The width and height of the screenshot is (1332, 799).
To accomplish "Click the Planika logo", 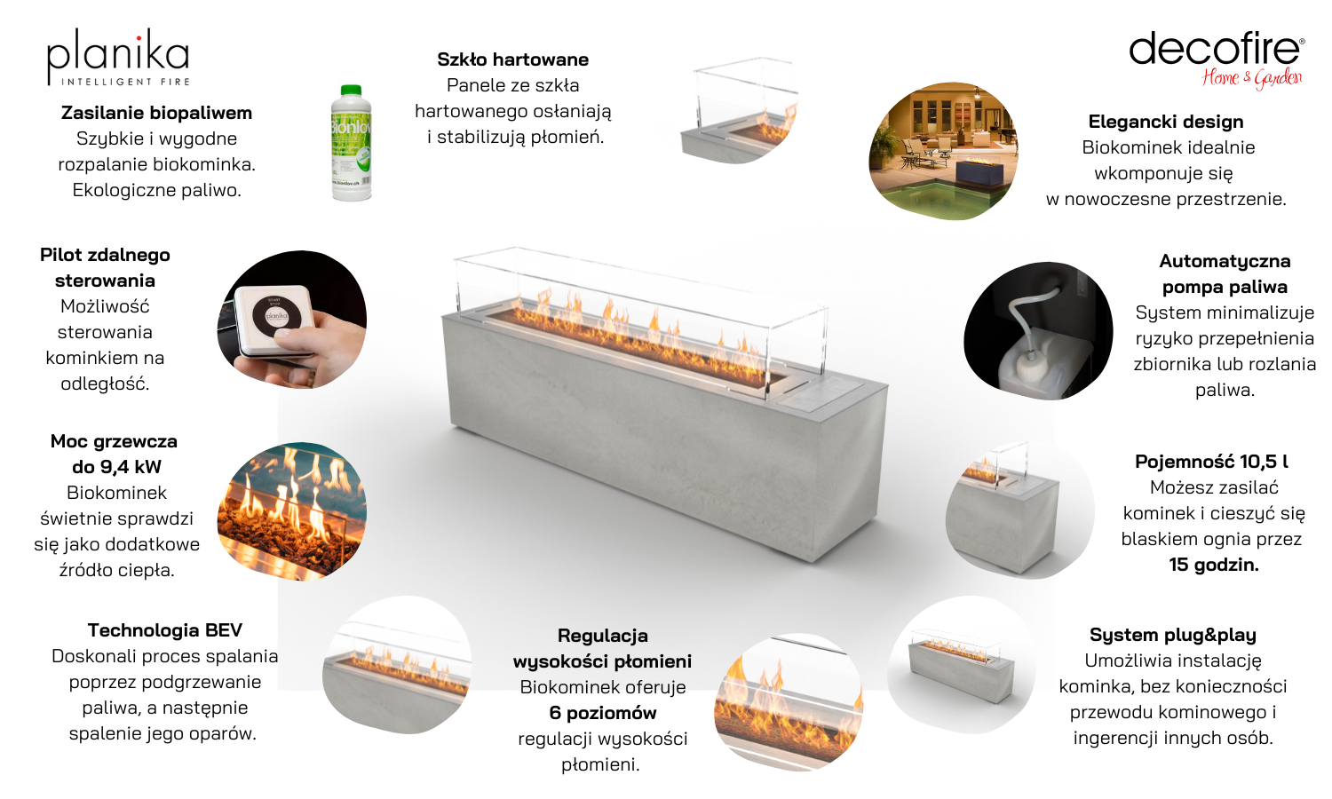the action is (x=118, y=57).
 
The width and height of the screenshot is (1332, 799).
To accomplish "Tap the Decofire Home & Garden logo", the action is (x=1217, y=60).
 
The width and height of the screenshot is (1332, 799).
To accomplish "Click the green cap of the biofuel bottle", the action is (x=351, y=91).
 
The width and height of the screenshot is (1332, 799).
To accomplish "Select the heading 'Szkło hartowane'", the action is (x=512, y=59).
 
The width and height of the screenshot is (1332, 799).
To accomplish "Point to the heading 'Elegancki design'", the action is (x=1165, y=122).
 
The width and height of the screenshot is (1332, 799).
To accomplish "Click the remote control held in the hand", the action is (x=274, y=319).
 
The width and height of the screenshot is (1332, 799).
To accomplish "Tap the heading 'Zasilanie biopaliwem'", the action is (x=156, y=113).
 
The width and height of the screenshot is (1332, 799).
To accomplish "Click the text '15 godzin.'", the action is (x=1214, y=565).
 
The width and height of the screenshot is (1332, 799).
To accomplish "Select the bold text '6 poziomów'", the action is (x=603, y=713).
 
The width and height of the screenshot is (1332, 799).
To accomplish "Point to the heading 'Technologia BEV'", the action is (x=164, y=630).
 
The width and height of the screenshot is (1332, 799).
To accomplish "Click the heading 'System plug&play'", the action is (x=1173, y=635).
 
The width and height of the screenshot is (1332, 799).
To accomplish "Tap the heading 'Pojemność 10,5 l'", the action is (x=1211, y=462).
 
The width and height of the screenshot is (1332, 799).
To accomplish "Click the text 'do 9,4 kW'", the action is (x=116, y=467).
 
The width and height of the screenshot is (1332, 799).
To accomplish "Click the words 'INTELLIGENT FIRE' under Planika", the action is (x=125, y=82).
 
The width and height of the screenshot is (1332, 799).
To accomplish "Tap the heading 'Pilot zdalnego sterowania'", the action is (x=106, y=268).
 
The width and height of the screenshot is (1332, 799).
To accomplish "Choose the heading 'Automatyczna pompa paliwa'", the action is (x=1225, y=274).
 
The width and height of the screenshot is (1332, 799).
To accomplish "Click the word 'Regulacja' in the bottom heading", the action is (x=602, y=636).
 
